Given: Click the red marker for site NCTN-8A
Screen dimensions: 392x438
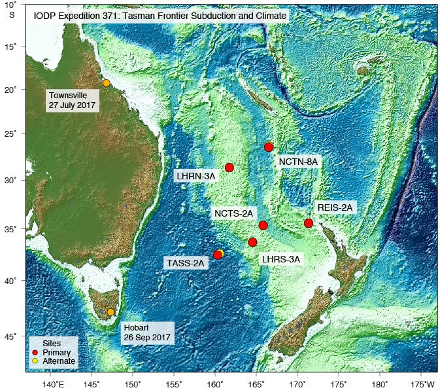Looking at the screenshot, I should tap(269, 147).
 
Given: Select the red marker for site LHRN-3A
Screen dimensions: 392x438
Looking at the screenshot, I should tap(229, 168).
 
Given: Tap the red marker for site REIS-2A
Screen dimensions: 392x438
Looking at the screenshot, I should tap(309, 223).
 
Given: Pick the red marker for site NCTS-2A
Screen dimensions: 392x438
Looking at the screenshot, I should tap(263, 225).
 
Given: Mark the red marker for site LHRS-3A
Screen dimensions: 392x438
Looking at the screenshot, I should tap(252, 242).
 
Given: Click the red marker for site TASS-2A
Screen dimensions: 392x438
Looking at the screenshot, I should tap(218, 255).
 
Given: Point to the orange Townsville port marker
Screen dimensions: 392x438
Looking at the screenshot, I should tap(107, 83).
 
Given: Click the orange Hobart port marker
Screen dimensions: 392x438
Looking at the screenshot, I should tap(110, 312).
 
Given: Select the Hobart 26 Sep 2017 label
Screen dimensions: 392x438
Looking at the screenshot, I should tap(146, 332).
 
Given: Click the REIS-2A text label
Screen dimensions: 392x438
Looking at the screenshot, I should tap(335, 207).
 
